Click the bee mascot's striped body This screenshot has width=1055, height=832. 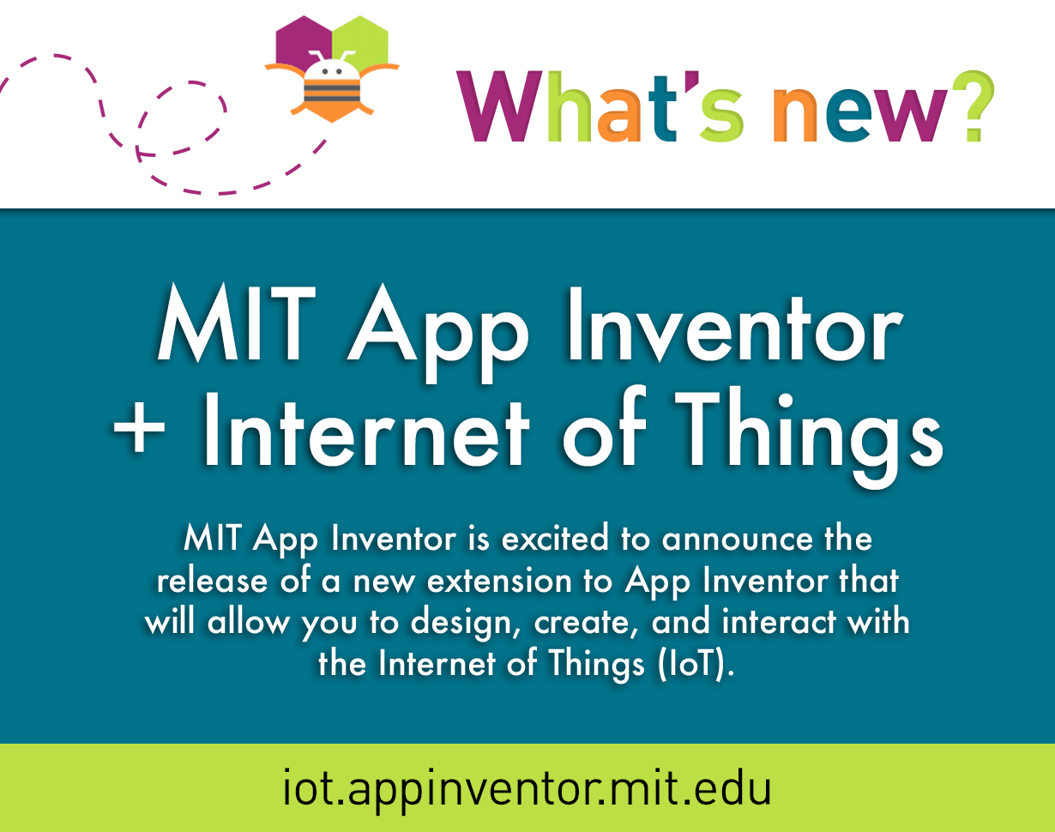[332, 92]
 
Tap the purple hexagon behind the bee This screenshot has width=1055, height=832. [303, 43]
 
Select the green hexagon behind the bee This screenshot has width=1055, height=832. [361, 43]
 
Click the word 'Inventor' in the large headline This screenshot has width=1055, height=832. [735, 324]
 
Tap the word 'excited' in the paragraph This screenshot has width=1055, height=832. [555, 539]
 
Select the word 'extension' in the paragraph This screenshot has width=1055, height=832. [499, 582]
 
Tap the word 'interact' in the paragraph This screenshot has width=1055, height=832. [779, 622]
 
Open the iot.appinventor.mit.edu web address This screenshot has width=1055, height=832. [527, 789]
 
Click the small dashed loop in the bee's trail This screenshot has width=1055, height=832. [181, 118]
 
